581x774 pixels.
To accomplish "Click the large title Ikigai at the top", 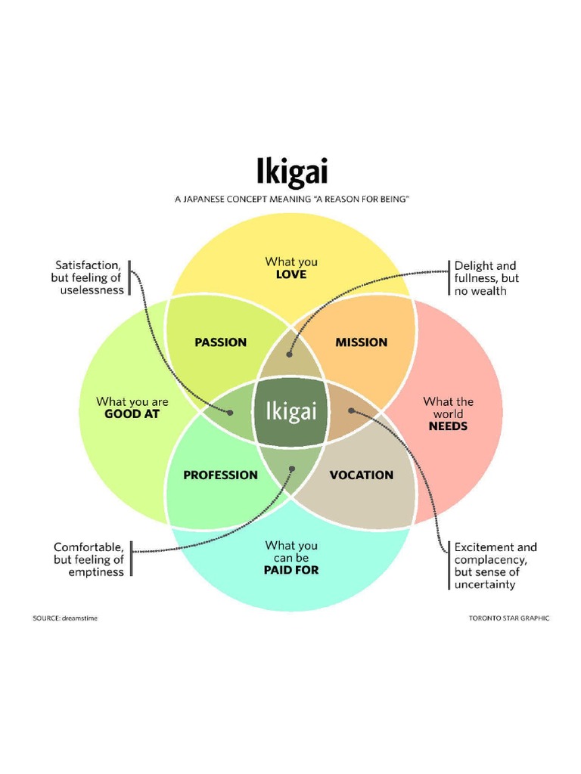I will (x=290, y=172).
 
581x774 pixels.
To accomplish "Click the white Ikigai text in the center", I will (x=290, y=412).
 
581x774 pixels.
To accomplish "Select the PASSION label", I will (x=220, y=342).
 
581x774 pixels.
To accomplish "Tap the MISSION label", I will (x=361, y=342).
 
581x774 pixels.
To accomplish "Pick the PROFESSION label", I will (x=220, y=475).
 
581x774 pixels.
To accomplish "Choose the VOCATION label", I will (x=362, y=475).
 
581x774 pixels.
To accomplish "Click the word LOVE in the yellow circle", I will (x=291, y=274).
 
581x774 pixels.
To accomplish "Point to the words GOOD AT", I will (x=132, y=414).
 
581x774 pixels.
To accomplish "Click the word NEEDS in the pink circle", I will (x=448, y=426).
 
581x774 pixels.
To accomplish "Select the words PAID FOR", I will (x=291, y=570).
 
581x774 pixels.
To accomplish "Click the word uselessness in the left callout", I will (x=92, y=290).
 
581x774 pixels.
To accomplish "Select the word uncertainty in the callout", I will (x=485, y=584).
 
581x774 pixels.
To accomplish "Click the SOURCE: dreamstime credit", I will (x=65, y=618).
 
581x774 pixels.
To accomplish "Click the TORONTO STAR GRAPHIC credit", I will (x=508, y=618).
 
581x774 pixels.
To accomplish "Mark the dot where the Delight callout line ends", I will (x=291, y=353).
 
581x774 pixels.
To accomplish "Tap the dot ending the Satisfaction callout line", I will (x=230, y=413).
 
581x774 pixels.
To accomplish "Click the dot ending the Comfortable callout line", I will (x=292, y=469).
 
